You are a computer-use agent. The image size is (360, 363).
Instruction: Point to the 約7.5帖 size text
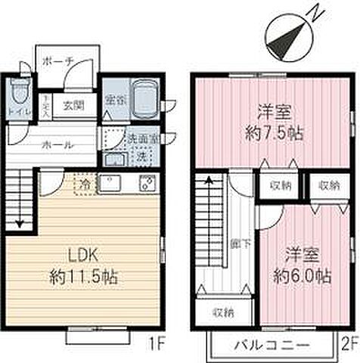275,132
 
